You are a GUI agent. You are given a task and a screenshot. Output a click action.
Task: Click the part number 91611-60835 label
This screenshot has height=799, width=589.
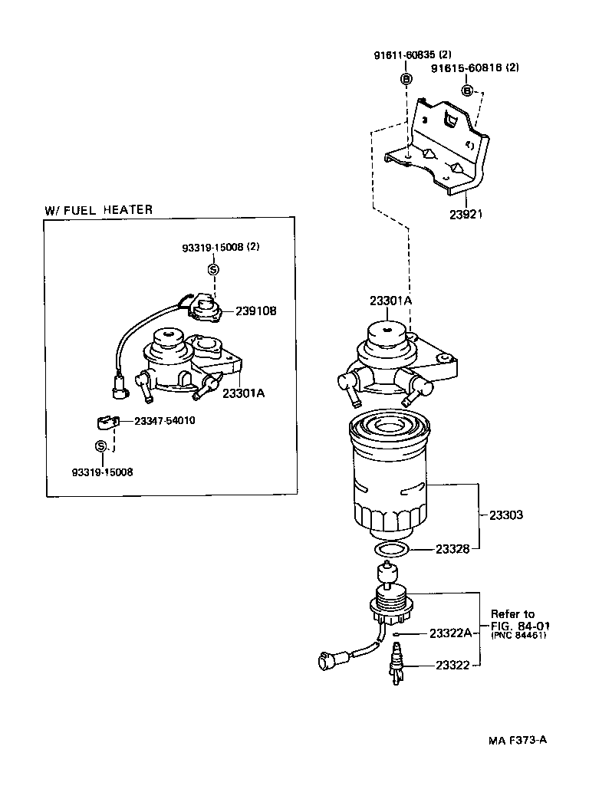pos(413,56)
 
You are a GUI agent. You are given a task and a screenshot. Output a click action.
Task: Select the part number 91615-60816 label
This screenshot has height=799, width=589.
pos(475,67)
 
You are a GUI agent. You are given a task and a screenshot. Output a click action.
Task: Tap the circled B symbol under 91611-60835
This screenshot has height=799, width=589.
pos(407,79)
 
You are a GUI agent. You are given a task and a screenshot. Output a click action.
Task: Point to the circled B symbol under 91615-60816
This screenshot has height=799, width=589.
pos(467,91)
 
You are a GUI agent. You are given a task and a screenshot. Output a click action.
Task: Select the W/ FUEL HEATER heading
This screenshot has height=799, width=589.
pos(98,209)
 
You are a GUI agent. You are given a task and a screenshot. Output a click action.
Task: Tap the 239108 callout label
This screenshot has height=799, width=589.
pos(256,311)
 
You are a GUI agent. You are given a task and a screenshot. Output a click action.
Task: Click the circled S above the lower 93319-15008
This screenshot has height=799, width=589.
pos(100,446)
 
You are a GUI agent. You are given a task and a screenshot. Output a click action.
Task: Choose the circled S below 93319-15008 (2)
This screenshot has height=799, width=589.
pos(213,268)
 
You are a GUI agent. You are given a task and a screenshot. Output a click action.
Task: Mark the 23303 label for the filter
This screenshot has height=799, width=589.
pos(506,515)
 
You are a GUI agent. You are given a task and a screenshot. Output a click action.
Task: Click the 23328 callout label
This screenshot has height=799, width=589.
pos(453,549)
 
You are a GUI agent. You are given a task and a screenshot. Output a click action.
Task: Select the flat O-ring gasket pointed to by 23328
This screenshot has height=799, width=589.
pos(390,549)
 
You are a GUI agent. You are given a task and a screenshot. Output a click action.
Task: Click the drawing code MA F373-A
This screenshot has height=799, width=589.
pos(517,741)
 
